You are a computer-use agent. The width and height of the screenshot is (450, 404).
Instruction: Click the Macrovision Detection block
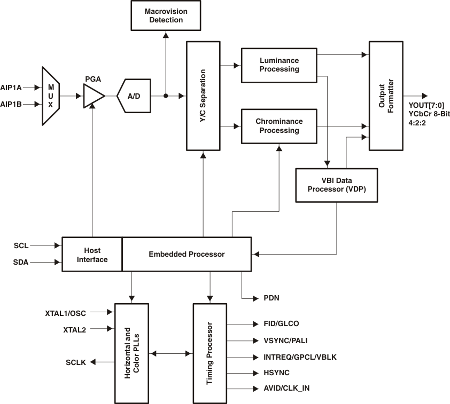click(165, 15)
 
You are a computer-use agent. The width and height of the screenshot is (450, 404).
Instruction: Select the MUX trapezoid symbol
click(51, 96)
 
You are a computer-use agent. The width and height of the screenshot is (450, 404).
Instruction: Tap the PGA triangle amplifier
click(94, 97)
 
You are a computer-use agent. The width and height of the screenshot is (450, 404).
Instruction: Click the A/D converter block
click(134, 96)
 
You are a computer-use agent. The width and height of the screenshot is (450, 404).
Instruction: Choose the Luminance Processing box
click(279, 65)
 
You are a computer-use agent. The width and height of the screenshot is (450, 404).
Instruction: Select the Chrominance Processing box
click(279, 126)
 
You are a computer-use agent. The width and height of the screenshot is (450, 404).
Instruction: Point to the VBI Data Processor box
click(336, 185)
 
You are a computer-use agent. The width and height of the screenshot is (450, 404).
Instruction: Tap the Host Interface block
click(92, 255)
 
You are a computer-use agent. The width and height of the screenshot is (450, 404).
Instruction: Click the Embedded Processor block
click(187, 254)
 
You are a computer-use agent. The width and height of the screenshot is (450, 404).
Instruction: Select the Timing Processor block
click(210, 353)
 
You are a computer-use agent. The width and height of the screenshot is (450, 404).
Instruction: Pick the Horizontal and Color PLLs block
click(131, 353)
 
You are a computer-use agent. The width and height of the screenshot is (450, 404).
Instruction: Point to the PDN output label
click(271, 298)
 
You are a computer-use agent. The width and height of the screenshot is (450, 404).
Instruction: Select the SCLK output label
click(76, 362)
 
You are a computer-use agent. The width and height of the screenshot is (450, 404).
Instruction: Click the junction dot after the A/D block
click(166, 96)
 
